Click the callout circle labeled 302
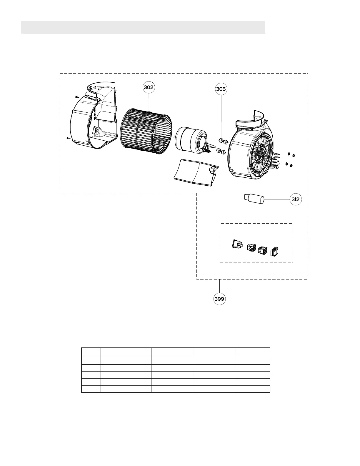tap(149, 87)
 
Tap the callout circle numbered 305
tap(221, 89)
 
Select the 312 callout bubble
tap(296, 199)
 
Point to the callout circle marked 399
tap(219, 299)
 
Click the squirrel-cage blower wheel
tap(146, 131)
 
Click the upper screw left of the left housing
tap(77, 97)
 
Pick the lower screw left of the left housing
tap(69, 138)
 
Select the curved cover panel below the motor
tap(196, 173)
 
